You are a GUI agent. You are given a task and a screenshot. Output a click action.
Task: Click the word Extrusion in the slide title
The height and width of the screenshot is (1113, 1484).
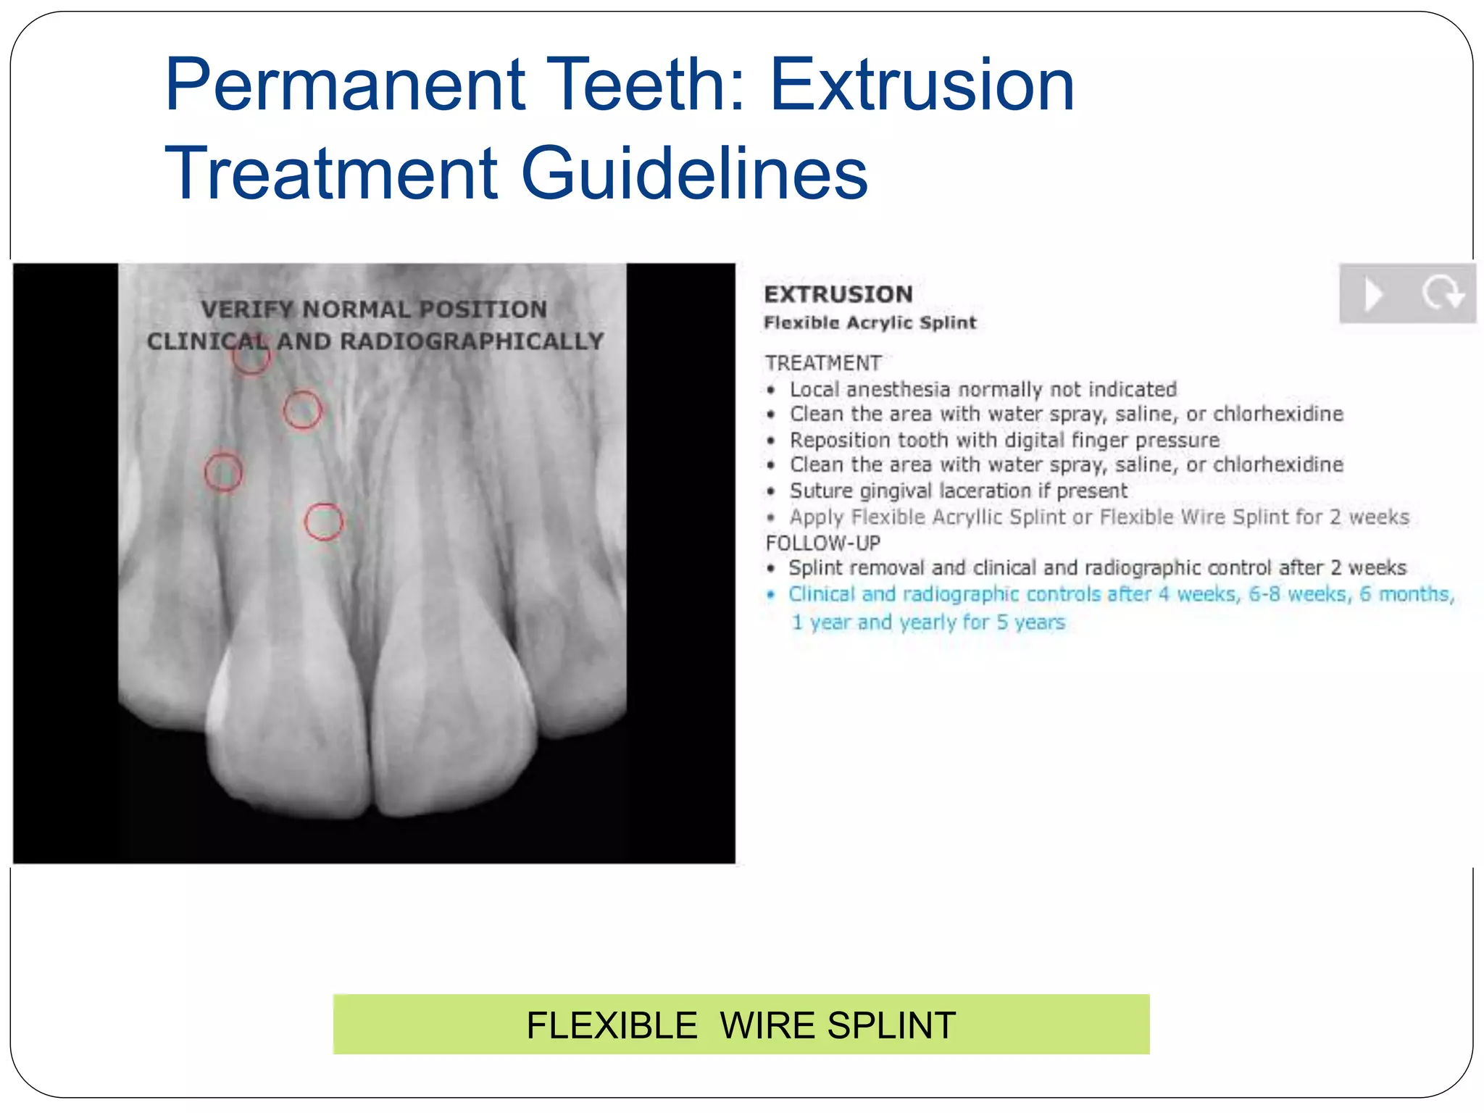922,86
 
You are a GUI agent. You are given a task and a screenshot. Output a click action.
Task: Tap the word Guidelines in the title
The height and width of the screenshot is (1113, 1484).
694,174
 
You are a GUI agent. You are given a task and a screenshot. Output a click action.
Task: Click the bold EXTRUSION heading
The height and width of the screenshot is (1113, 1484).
838,294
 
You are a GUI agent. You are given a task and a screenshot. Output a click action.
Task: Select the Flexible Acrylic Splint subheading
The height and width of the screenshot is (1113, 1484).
870,322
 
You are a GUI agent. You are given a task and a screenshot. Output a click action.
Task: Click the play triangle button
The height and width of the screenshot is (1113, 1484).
1373,294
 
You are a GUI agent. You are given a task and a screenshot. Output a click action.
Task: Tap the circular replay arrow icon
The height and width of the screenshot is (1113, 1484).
1441,294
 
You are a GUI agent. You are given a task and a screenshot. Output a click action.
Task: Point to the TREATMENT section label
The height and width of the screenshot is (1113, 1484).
823,362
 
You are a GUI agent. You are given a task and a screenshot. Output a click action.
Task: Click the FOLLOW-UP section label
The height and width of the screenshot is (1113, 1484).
823,543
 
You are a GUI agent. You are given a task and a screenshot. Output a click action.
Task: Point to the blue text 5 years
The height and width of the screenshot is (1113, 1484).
1030,622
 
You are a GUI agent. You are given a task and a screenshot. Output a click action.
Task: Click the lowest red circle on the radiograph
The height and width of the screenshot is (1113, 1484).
323,522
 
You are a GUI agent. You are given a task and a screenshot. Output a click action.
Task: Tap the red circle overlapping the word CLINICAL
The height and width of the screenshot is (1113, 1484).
251,357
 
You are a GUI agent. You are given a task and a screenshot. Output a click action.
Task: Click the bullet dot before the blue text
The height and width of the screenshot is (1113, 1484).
771,595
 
